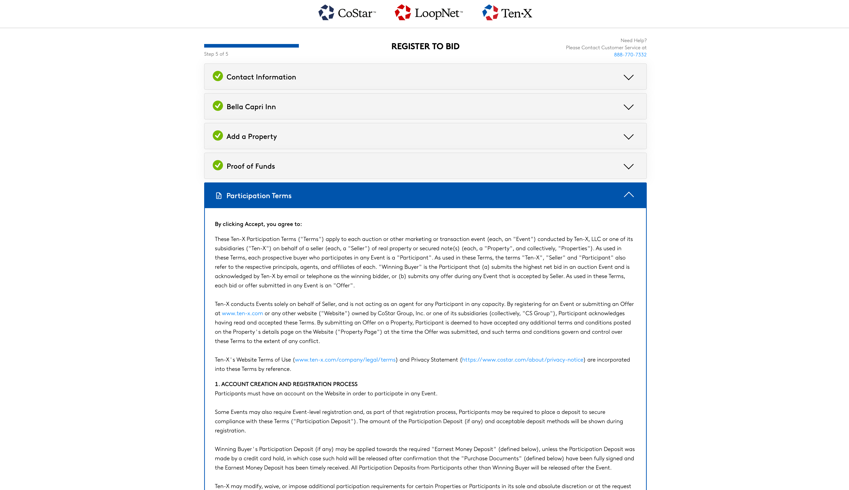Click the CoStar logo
[347, 13]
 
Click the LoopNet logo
[429, 13]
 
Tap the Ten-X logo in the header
[507, 13]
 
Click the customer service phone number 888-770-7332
[630, 54]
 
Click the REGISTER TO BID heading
[425, 46]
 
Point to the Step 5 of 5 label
[216, 54]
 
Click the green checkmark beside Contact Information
[218, 76]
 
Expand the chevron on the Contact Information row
[628, 77]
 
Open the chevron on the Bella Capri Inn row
[628, 107]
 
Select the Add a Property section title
[252, 137]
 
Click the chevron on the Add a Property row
[628, 137]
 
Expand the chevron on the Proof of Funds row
[628, 167]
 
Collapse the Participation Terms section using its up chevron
[628, 195]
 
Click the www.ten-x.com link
[242, 313]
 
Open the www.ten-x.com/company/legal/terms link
[345, 360]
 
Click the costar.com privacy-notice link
[523, 360]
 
